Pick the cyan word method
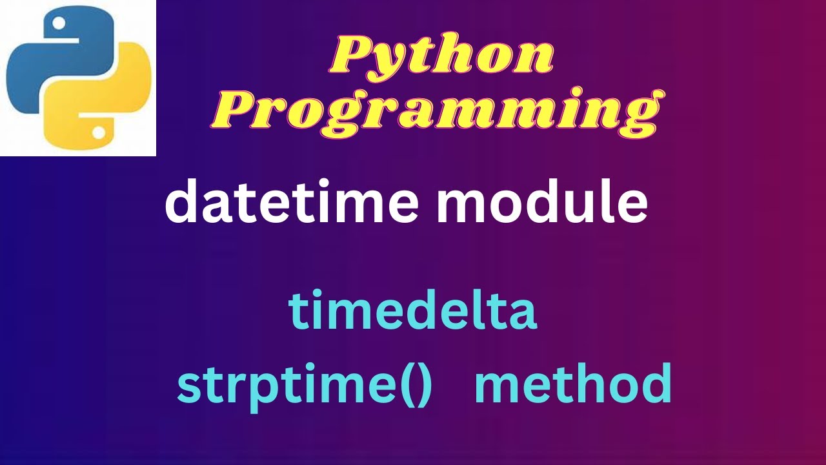click(572, 384)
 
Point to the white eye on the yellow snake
click(98, 132)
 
